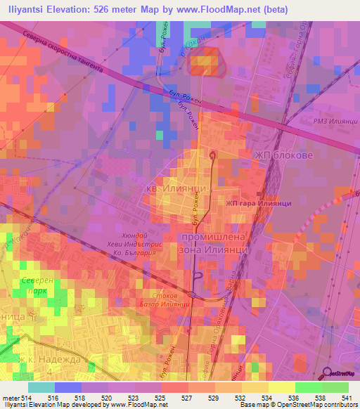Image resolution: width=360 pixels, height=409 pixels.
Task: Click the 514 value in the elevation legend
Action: pyautogui.click(x=27, y=398)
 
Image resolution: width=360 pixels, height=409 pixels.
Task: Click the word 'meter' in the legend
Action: pyautogui.click(x=11, y=398)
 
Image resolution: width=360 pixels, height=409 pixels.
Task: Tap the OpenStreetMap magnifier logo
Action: pyautogui.click(x=328, y=372)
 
